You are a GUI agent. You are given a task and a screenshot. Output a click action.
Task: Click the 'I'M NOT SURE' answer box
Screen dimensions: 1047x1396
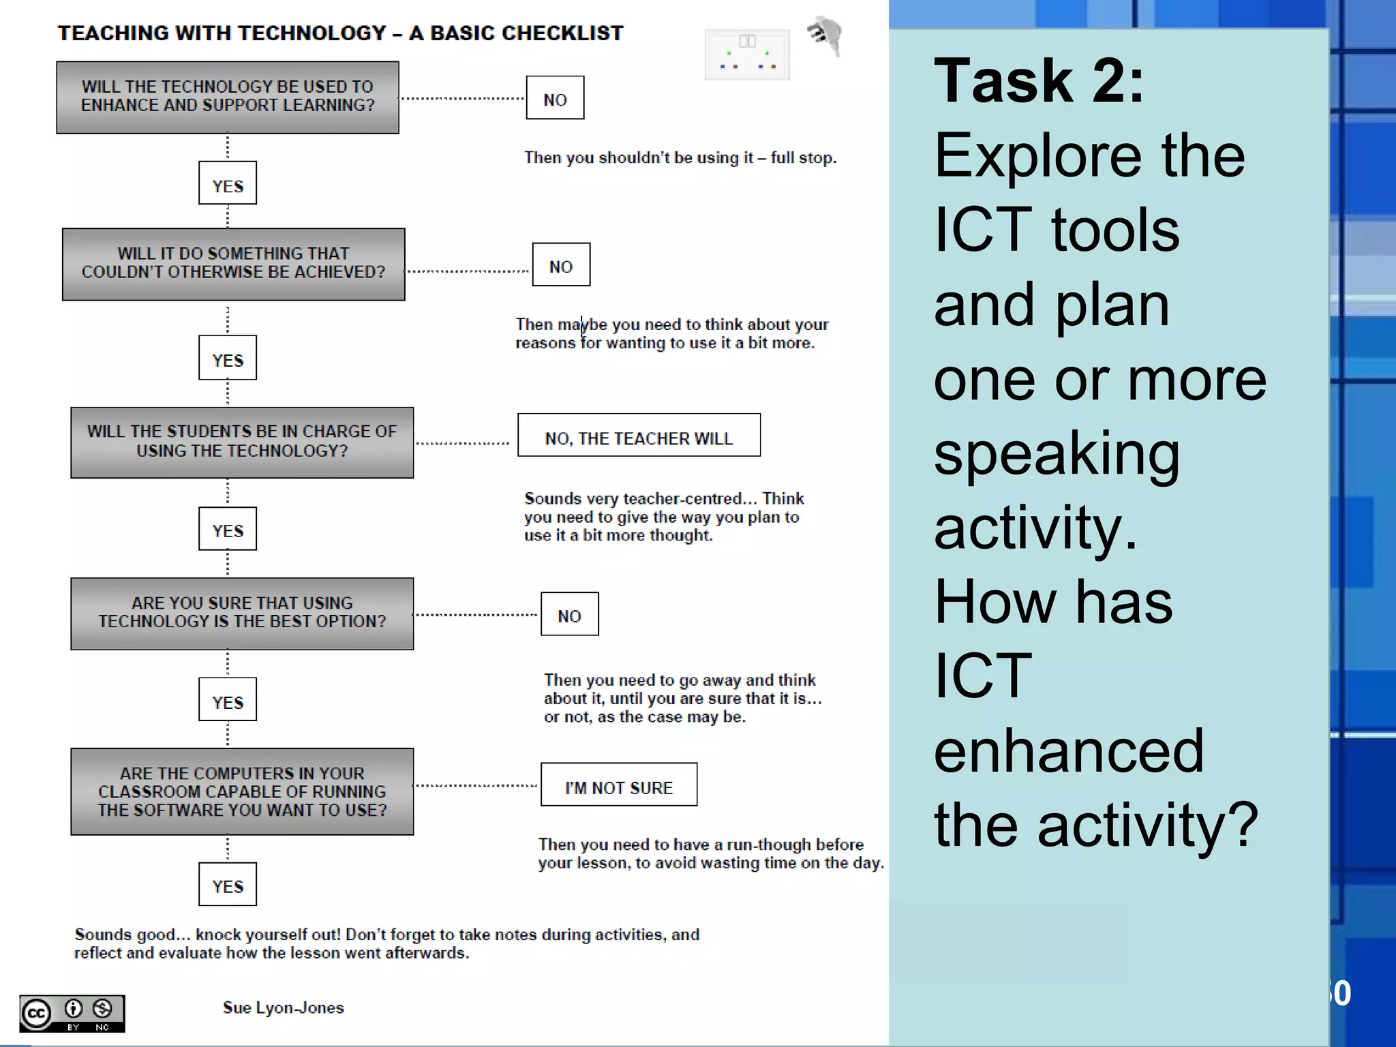coord(618,785)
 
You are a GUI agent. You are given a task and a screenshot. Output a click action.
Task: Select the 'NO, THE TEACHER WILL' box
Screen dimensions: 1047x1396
coord(639,435)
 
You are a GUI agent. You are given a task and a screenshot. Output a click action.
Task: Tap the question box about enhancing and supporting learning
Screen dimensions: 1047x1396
coord(228,97)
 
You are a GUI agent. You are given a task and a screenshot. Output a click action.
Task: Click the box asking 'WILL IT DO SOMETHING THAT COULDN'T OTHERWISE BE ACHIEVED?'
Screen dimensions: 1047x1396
coord(233,264)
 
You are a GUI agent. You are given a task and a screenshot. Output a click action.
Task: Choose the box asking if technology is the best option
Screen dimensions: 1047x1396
coord(242,613)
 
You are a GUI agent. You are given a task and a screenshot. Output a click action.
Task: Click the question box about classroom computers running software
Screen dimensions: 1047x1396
coord(242,791)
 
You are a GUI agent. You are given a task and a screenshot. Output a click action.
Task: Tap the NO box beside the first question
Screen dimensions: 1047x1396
coord(555,97)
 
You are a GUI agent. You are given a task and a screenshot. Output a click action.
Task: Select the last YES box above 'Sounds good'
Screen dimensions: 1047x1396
coord(228,884)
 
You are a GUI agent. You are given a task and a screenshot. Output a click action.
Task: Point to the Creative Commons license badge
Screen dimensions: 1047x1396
coord(72,1014)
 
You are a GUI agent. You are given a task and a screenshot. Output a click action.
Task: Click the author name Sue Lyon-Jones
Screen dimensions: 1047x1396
coord(283,1007)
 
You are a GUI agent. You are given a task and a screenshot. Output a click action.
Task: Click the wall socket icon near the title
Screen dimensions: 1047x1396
coord(747,55)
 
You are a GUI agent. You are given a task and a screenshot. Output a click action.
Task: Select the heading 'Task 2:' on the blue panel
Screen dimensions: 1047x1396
coord(1038,81)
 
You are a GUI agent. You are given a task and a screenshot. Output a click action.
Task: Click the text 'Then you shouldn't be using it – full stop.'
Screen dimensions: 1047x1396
coord(680,158)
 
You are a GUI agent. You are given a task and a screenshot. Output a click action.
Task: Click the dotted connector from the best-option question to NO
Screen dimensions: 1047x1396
coord(476,615)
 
